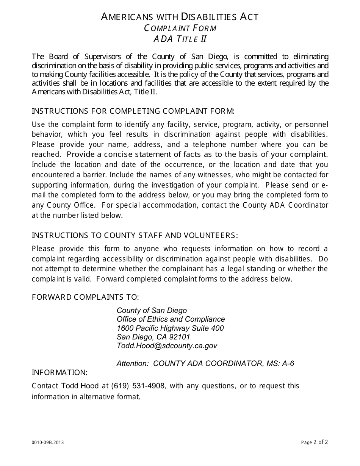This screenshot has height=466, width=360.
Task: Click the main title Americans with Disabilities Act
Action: point(180,17)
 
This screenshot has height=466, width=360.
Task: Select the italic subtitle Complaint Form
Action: point(180,28)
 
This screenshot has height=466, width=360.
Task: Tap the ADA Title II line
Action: point(180,39)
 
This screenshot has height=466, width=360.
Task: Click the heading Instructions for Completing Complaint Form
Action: point(133,111)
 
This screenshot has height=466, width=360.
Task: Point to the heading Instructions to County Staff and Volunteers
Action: point(135,235)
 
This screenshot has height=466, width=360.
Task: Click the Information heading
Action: point(59,372)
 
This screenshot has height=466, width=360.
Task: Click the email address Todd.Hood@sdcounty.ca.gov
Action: point(167,346)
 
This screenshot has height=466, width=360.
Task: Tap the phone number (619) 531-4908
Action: point(138,386)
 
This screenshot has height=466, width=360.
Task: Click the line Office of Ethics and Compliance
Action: point(171,319)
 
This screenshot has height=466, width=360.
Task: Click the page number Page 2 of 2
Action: point(315,442)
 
